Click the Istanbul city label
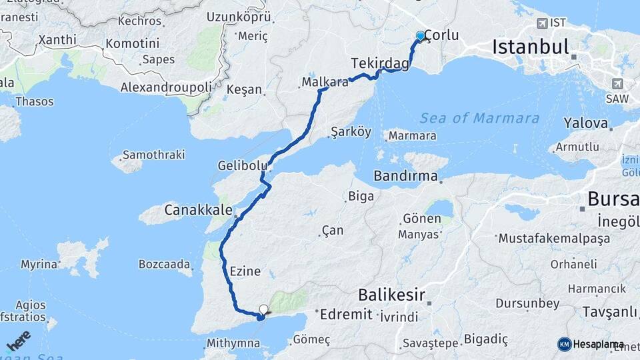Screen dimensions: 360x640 [531, 47]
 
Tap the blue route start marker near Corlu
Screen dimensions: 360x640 [420, 36]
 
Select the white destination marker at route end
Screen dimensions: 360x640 [264, 309]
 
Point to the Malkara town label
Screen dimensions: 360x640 [325, 83]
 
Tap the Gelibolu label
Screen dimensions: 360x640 [243, 165]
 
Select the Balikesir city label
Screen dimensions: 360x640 [391, 294]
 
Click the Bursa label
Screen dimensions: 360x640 [613, 199]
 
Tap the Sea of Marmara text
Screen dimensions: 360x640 [479, 118]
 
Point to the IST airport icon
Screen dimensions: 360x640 [542, 23]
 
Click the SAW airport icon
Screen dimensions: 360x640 [617, 83]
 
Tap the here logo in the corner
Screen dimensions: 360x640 [18, 341]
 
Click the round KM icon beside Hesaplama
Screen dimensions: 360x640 [565, 344]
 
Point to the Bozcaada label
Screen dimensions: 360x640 [165, 264]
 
